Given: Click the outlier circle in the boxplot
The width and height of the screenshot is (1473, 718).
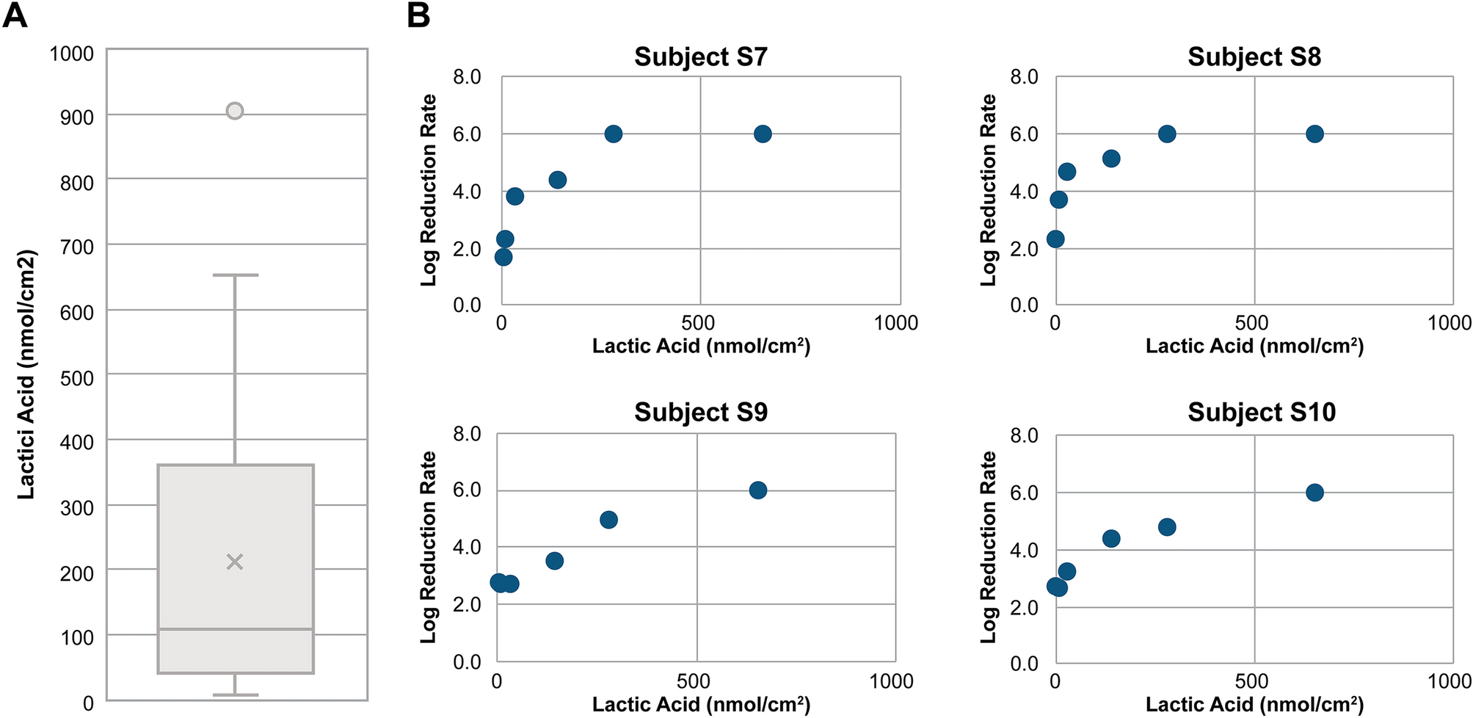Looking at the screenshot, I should click(x=234, y=111).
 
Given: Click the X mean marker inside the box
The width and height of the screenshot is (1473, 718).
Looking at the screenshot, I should click(x=234, y=562).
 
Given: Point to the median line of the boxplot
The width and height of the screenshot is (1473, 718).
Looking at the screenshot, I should click(x=236, y=629).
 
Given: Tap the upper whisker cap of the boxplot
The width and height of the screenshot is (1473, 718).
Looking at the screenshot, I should click(x=235, y=275).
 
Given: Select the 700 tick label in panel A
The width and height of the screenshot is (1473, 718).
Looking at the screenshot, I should click(x=76, y=247).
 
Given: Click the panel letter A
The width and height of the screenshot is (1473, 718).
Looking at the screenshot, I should click(x=15, y=15).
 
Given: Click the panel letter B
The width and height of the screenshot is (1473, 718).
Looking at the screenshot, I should click(x=418, y=15).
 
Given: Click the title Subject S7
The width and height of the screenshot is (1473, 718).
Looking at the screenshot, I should click(x=700, y=57).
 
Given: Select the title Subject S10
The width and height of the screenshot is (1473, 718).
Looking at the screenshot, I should click(x=1261, y=412).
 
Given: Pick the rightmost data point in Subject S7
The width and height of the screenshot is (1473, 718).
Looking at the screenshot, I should click(x=763, y=134).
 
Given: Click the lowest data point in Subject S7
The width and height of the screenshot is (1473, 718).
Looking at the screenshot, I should click(x=503, y=257).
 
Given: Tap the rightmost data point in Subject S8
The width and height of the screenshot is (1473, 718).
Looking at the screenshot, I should click(x=1314, y=134).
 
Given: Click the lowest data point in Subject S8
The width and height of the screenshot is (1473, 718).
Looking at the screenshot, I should click(x=1055, y=239).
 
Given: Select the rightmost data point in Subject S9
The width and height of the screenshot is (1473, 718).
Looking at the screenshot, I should click(x=758, y=490).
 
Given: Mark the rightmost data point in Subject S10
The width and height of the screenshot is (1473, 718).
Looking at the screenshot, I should click(x=1314, y=493).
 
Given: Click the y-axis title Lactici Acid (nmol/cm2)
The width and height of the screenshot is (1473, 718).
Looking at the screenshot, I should click(x=26, y=374).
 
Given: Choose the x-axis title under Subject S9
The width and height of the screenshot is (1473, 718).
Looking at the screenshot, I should click(x=700, y=704).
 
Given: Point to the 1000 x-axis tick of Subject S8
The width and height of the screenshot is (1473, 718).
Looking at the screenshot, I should click(x=1449, y=323).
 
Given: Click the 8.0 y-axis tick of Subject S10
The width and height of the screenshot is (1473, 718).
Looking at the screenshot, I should click(x=1024, y=436).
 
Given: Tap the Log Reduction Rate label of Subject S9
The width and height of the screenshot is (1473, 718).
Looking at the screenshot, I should click(x=428, y=547).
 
